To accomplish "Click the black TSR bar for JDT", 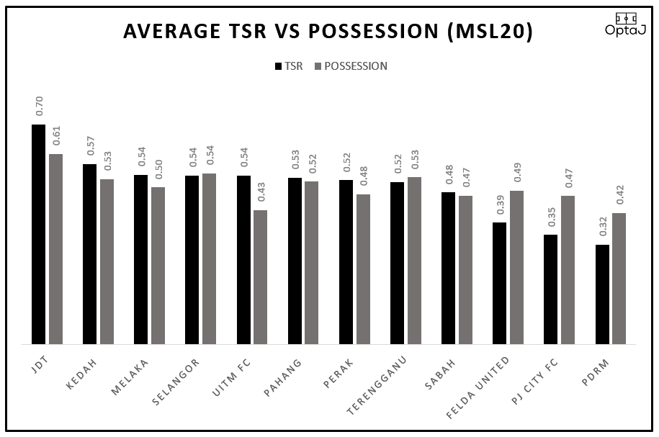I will (38, 234).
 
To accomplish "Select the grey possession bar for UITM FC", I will (261, 277).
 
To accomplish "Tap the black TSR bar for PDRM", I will (602, 294).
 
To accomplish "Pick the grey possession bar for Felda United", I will (517, 267).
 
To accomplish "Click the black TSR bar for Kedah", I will (90, 254).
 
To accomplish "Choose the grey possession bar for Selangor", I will (210, 258).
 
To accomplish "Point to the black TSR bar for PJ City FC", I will (551, 289).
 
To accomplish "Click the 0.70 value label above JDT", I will (40, 107).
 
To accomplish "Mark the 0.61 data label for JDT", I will (56, 135).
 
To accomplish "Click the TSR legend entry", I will (289, 66).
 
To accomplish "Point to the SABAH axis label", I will (441, 372).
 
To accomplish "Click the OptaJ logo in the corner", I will (625, 24).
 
